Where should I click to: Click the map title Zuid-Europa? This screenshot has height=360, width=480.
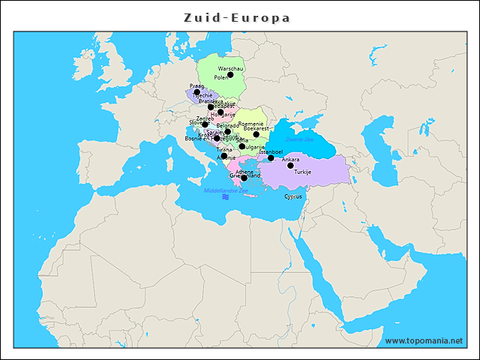[237, 17]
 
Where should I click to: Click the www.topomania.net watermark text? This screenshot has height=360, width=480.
[424, 340]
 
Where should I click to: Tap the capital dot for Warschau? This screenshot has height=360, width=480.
[231, 75]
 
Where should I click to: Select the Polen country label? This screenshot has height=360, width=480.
[221, 77]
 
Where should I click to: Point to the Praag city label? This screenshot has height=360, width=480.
[196, 86]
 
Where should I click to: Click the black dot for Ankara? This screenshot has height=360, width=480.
[290, 166]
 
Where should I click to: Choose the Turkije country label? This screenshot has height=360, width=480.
[302, 172]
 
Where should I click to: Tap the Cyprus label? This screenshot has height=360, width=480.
[293, 196]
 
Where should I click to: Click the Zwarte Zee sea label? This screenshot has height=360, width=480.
[299, 139]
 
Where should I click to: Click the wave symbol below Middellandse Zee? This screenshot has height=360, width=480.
[226, 199]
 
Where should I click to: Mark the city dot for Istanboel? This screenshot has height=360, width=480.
[271, 158]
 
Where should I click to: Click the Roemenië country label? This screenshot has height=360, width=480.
[250, 123]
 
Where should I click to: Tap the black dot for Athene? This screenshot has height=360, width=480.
[244, 178]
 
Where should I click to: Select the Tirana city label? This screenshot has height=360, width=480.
[224, 150]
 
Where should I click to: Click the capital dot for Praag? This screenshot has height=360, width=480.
[197, 92]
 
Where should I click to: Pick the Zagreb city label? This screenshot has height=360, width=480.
[205, 118]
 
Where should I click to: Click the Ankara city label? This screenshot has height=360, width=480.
[290, 160]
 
